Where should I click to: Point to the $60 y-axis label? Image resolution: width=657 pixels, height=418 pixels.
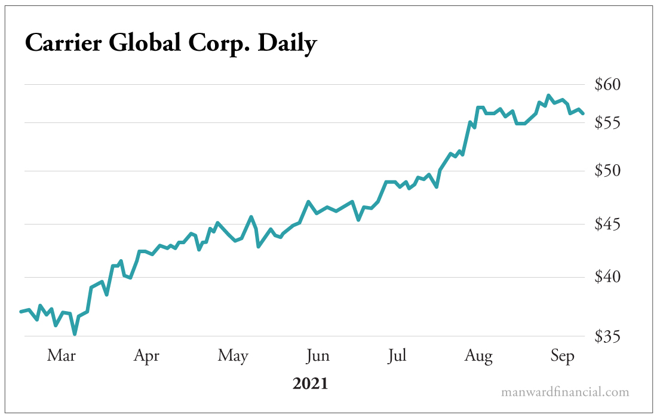[608, 85]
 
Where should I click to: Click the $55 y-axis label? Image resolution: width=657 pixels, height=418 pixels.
[608, 122]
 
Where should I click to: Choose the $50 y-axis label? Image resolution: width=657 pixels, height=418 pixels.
[608, 171]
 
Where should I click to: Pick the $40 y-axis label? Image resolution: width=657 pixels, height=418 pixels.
[608, 277]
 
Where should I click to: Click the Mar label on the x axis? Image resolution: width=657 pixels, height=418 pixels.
[62, 356]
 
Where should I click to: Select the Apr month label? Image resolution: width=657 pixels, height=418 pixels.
[146, 356]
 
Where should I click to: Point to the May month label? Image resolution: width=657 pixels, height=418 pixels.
[232, 356]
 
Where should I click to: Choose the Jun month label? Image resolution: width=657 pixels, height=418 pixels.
[317, 356]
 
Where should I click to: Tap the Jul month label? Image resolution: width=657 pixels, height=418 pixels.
[397, 356]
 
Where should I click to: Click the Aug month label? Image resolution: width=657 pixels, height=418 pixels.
[478, 356]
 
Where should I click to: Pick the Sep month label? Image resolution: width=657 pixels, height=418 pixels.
[562, 356]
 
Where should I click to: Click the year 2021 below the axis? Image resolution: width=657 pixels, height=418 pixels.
[310, 383]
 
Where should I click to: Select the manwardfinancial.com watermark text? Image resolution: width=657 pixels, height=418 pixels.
[564, 392]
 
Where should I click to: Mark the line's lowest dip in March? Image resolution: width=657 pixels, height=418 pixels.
[75, 333]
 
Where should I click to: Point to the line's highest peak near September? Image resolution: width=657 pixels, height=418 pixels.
[548, 96]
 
